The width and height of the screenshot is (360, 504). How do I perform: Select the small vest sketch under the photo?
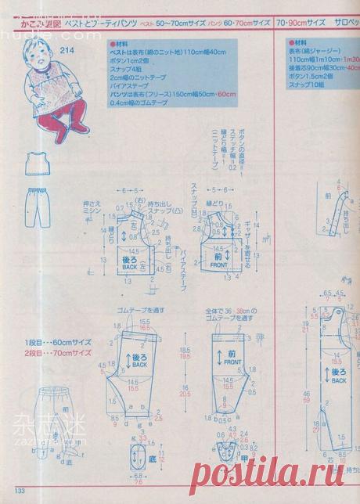(32, 164)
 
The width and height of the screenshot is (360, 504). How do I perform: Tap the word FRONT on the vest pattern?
(218, 266)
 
